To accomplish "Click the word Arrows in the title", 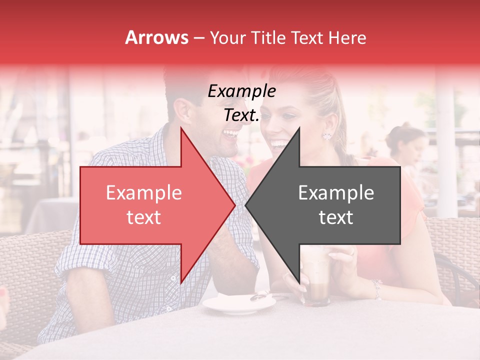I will coord(157,37).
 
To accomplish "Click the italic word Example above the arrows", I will coord(241,91).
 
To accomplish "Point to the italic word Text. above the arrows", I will coord(241,115).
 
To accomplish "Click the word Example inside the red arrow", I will coord(144,193).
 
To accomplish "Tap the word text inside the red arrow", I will coord(144,217).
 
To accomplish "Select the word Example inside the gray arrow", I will coord(336,193).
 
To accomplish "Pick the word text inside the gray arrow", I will coord(336,217).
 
